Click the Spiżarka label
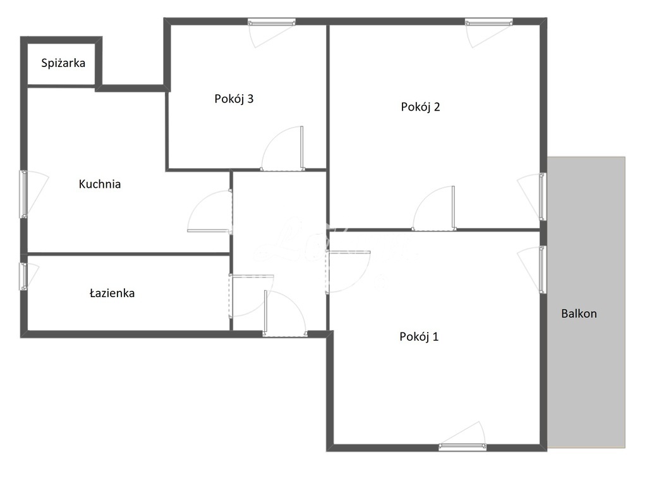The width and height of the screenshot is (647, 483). pyautogui.click(x=63, y=63)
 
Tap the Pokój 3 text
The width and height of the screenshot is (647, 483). pyautogui.click(x=234, y=99)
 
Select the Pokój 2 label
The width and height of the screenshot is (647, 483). pyautogui.click(x=420, y=107)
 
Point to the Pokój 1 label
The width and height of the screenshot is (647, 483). pyautogui.click(x=419, y=337)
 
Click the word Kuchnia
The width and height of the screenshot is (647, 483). pyautogui.click(x=99, y=185)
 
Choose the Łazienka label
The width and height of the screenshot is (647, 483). pyautogui.click(x=112, y=293)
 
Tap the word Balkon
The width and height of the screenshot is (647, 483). pyautogui.click(x=579, y=314)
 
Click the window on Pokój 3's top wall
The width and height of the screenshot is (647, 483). pyautogui.click(x=272, y=22)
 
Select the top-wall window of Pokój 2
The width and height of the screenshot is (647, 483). pyautogui.click(x=488, y=22)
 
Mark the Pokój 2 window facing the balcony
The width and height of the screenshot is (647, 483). pyautogui.click(x=542, y=197)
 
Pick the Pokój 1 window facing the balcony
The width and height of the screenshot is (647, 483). pyautogui.click(x=542, y=269)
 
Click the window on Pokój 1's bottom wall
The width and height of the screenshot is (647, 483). pyautogui.click(x=463, y=447)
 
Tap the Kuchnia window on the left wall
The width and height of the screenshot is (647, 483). pyautogui.click(x=24, y=194)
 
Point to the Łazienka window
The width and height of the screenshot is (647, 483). pyautogui.click(x=23, y=276)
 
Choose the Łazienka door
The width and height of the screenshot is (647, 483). pyautogui.click(x=250, y=295)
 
